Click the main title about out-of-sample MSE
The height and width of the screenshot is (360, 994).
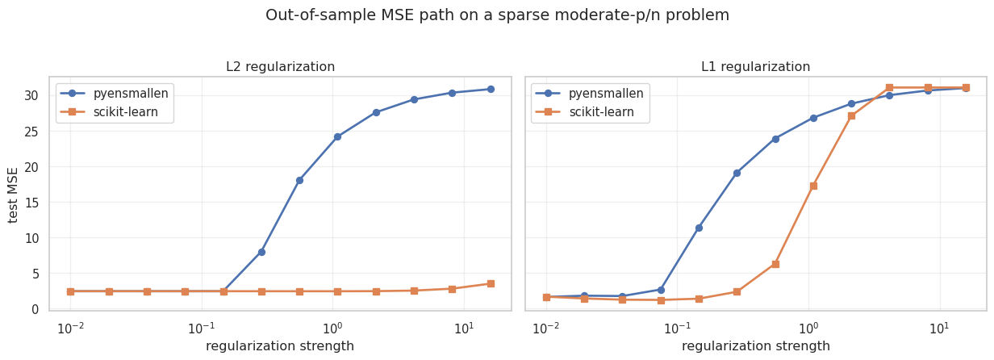497,15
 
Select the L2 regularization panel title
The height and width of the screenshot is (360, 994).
280,67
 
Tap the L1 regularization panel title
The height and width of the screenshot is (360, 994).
755,67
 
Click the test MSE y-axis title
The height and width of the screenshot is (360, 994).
14,195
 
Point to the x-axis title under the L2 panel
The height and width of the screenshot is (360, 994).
280,346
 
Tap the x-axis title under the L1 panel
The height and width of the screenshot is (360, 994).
755,346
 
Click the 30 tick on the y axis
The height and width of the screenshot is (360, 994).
31,96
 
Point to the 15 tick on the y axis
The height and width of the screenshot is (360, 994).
31,203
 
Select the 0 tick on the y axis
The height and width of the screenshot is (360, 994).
35,309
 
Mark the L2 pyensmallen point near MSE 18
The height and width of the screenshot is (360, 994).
299,180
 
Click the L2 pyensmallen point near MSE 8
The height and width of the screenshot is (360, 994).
261,252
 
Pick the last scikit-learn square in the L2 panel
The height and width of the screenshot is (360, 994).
490,283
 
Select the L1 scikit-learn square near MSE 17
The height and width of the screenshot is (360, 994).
813,186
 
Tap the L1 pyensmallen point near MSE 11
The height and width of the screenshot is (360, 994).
699,228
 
